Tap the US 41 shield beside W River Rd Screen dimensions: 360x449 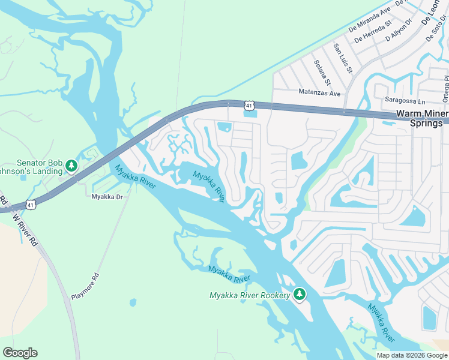(31, 205)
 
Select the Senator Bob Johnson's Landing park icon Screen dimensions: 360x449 (71, 164)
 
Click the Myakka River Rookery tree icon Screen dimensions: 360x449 (300, 294)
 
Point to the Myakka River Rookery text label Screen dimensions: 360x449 (249, 295)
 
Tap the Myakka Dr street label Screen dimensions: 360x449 (107, 196)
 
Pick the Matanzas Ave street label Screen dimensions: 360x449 (319, 93)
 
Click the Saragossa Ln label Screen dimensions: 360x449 (405, 102)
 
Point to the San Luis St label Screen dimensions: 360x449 (343, 59)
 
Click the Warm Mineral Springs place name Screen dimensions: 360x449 (421, 118)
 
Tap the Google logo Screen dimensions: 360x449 (20, 353)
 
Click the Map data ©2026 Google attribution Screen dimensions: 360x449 (412, 355)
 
